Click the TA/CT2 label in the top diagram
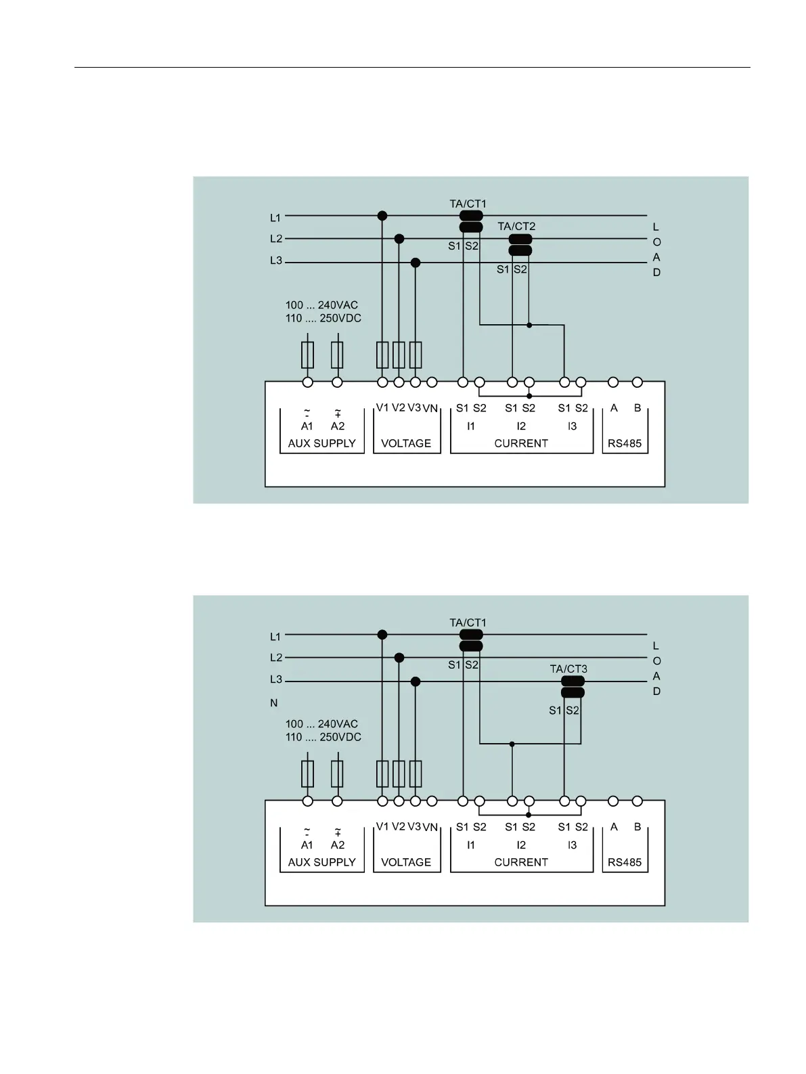click(516, 226)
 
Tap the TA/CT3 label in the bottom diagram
click(568, 669)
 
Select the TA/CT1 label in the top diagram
click(468, 204)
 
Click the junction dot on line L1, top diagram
click(382, 216)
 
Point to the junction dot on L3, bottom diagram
click(416, 681)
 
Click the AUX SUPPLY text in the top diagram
click(321, 443)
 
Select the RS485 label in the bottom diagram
click(624, 862)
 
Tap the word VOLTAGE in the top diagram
click(406, 443)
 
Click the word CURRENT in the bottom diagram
click(521, 862)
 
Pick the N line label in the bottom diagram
click(274, 703)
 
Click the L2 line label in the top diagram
click(276, 239)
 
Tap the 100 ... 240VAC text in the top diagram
click(321, 305)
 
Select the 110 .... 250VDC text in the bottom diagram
click(323, 737)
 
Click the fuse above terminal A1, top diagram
click(307, 354)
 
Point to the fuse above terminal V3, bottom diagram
click(416, 773)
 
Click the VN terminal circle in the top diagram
click(432, 382)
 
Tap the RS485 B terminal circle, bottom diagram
click(637, 801)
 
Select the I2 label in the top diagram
click(521, 426)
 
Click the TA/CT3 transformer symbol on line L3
click(573, 687)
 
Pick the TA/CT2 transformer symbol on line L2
click(520, 245)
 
